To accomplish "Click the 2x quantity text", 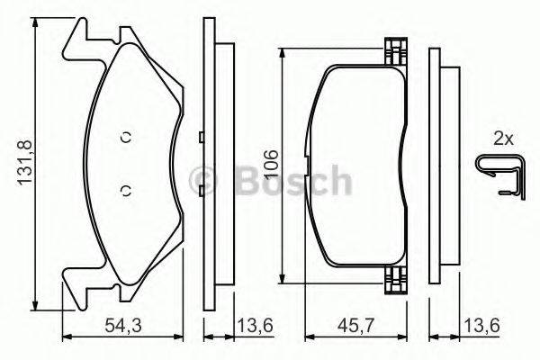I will [x=502, y=139].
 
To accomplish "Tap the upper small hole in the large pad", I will [x=126, y=137].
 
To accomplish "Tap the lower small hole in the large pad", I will [x=126, y=189].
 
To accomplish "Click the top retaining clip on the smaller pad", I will [x=392, y=50].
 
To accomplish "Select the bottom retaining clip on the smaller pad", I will [x=392, y=283].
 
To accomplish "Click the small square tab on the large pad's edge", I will [x=200, y=137].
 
